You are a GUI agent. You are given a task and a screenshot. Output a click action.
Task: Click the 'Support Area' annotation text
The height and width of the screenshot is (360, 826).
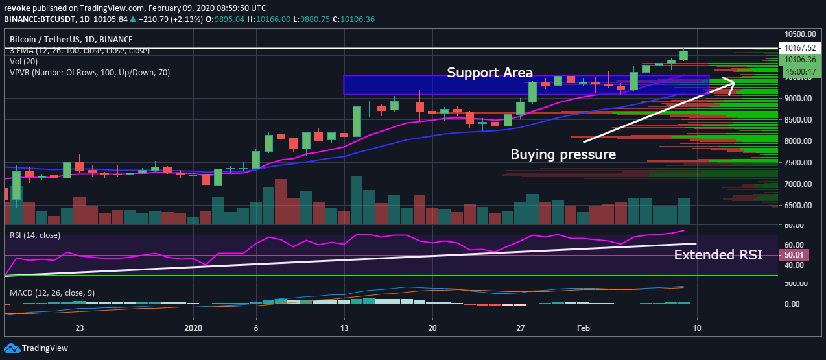click(490, 73)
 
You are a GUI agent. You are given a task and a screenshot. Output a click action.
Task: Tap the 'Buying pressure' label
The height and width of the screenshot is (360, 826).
click(563, 154)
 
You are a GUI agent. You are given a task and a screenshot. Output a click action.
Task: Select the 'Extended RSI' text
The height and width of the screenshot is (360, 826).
click(718, 255)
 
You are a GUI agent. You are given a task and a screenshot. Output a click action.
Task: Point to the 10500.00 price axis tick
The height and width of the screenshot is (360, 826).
click(799, 34)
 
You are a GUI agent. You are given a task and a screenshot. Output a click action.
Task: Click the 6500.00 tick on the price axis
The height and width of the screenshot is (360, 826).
click(797, 206)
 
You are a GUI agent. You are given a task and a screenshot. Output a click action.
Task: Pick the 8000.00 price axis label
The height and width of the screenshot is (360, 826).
click(797, 141)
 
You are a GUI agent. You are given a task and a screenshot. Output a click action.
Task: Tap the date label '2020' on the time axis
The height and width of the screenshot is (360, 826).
click(193, 328)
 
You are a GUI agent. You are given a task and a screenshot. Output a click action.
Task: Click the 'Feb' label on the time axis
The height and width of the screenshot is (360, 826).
click(584, 328)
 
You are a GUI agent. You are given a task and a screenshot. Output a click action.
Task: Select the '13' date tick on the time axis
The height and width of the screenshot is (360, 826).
click(344, 328)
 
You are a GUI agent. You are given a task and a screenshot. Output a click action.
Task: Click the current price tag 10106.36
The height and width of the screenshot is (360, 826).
click(801, 59)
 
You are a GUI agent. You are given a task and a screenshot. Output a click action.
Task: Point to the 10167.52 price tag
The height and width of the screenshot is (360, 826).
click(801, 47)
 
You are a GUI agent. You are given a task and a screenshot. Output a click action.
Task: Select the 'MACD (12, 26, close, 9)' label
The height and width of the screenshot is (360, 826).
click(52, 293)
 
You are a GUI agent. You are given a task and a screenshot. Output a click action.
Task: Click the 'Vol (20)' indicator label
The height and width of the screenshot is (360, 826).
click(24, 62)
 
